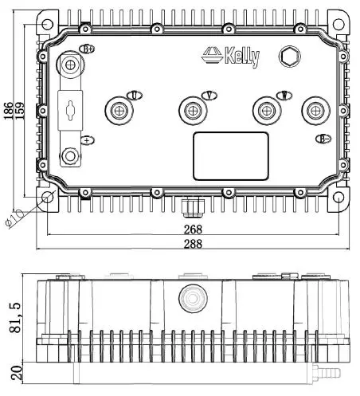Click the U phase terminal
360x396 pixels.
pos(122,110)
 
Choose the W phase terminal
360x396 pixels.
pos(264,110)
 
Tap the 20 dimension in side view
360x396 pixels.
pos(10,371)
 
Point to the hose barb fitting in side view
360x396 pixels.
pos(327,372)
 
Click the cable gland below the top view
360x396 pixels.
pos(190,207)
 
